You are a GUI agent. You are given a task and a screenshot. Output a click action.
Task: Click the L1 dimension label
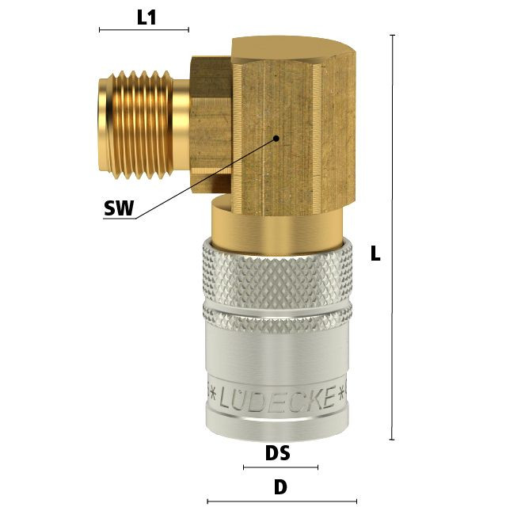pyautogui.click(x=146, y=17)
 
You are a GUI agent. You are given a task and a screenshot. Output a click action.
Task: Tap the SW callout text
pyautogui.click(x=119, y=208)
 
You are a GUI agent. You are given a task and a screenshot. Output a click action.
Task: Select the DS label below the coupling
pyautogui.click(x=278, y=452)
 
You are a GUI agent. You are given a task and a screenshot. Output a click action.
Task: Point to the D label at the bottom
pyautogui.click(x=280, y=487)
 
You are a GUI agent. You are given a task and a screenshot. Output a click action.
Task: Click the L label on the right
pyautogui.click(x=375, y=253)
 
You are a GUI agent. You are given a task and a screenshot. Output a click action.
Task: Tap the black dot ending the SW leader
pyautogui.click(x=276, y=139)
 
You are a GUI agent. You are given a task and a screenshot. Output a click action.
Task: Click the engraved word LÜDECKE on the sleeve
pyautogui.click(x=276, y=398)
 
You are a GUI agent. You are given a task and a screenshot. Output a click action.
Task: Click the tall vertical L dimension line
pyautogui.click(x=392, y=237)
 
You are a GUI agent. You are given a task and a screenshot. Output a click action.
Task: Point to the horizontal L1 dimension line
pyautogui.click(x=144, y=30)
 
